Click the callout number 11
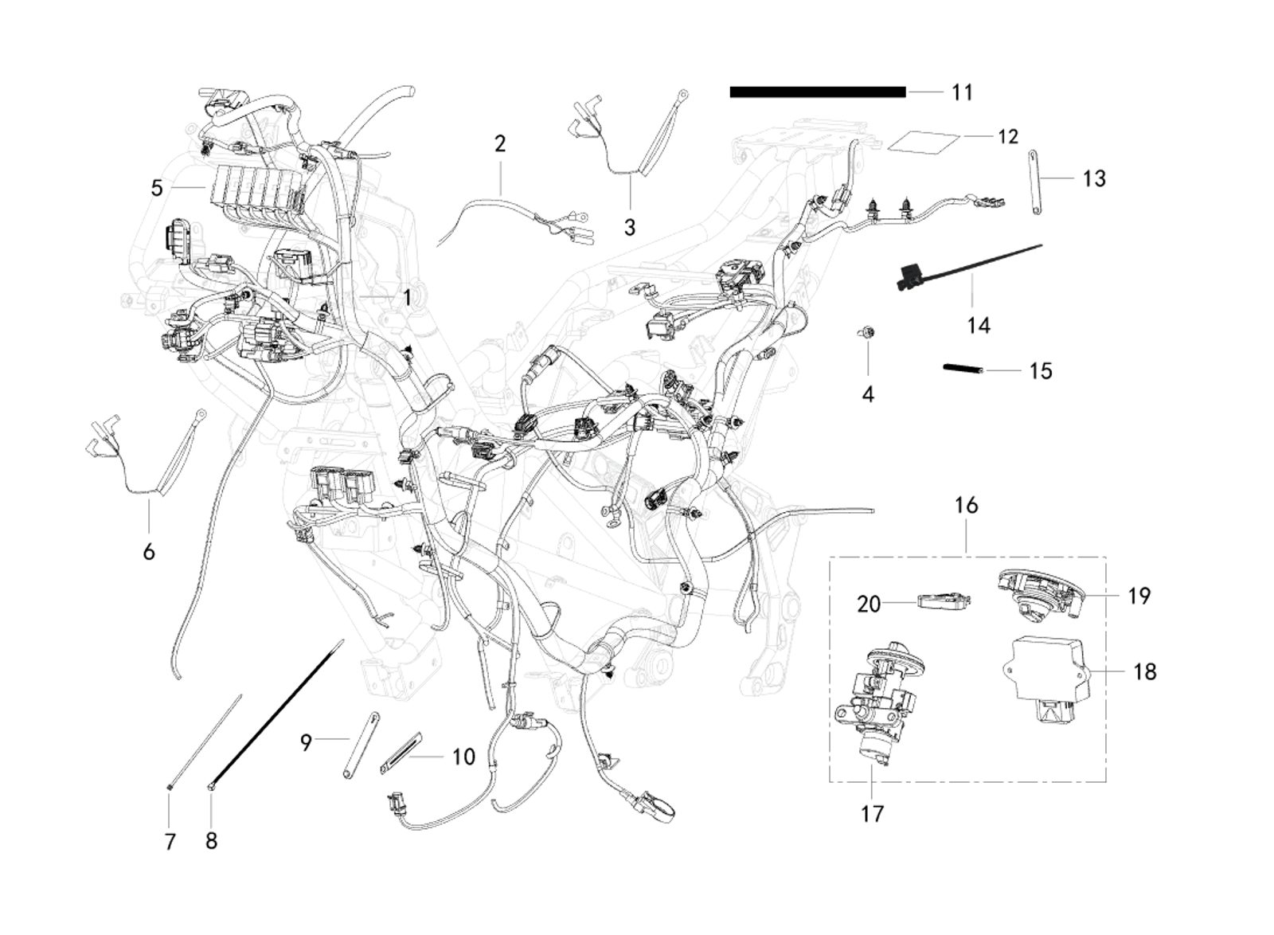tap(962, 92)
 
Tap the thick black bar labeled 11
tap(817, 92)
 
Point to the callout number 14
tap(979, 325)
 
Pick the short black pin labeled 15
tap(963, 368)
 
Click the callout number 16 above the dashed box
tap(966, 506)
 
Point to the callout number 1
tap(407, 298)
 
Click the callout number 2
tap(499, 144)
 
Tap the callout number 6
tap(149, 551)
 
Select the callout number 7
tap(170, 841)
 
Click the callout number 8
tap(211, 841)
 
